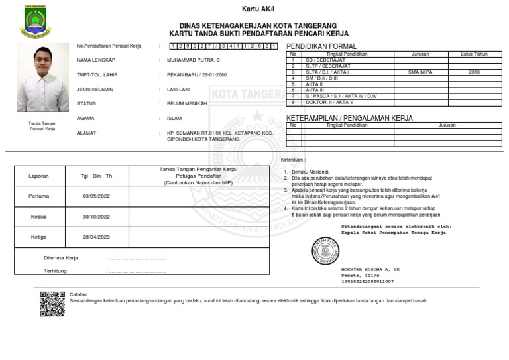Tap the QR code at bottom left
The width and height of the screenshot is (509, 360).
(52, 304)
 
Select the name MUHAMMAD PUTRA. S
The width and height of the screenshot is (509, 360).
(193, 60)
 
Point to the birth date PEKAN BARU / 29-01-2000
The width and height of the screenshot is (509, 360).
(197, 75)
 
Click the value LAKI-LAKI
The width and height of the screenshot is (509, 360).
(178, 90)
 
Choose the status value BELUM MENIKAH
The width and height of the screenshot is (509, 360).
(187, 104)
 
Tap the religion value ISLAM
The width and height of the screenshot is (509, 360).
(174, 119)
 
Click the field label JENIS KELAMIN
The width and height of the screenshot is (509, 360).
(95, 90)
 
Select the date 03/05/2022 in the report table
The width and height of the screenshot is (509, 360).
(96, 196)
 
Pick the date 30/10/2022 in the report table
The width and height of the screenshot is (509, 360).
(96, 217)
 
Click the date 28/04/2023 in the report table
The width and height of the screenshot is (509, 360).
(96, 237)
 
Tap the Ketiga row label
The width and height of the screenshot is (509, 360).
(38, 237)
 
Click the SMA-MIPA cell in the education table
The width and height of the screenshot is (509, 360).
(420, 72)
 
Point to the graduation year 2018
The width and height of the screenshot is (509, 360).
(474, 72)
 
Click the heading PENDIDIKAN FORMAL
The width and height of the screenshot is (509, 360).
(321, 46)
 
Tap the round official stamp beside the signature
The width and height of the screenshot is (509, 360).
(325, 251)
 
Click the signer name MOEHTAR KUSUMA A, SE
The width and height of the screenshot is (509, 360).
(370, 270)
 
